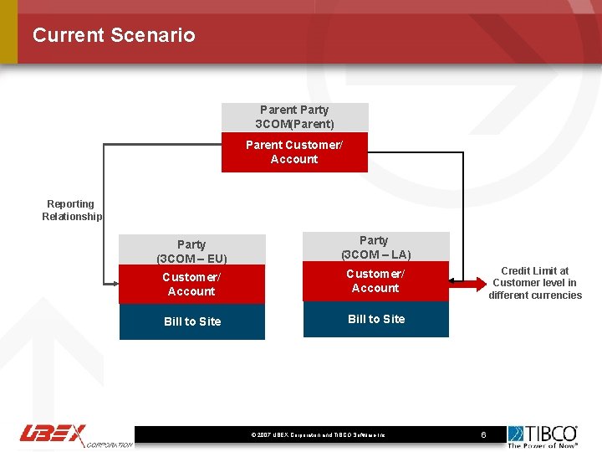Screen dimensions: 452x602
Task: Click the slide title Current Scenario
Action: (x=114, y=35)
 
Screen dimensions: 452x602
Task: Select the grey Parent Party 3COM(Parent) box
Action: (x=294, y=117)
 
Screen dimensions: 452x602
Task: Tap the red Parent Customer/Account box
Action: (x=294, y=152)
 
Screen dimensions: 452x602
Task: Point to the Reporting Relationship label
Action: (x=71, y=210)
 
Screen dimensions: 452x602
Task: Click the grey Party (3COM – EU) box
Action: (x=191, y=250)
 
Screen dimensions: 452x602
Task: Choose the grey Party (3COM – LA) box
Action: (x=375, y=247)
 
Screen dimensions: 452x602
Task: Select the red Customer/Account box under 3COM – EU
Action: (x=191, y=285)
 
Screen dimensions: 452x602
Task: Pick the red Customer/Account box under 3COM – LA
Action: (x=375, y=281)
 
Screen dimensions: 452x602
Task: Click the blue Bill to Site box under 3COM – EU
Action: (x=191, y=321)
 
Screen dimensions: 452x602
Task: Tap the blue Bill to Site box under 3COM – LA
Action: (x=375, y=319)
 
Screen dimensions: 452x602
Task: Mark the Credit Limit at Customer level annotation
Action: (x=535, y=283)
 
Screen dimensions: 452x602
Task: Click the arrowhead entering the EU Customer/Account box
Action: (x=115, y=285)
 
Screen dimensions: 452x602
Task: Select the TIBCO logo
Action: (x=543, y=433)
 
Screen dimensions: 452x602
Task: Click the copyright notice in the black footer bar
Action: (x=317, y=435)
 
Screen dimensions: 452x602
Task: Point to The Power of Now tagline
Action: (x=543, y=445)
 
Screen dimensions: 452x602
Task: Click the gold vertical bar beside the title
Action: (x=8, y=32)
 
